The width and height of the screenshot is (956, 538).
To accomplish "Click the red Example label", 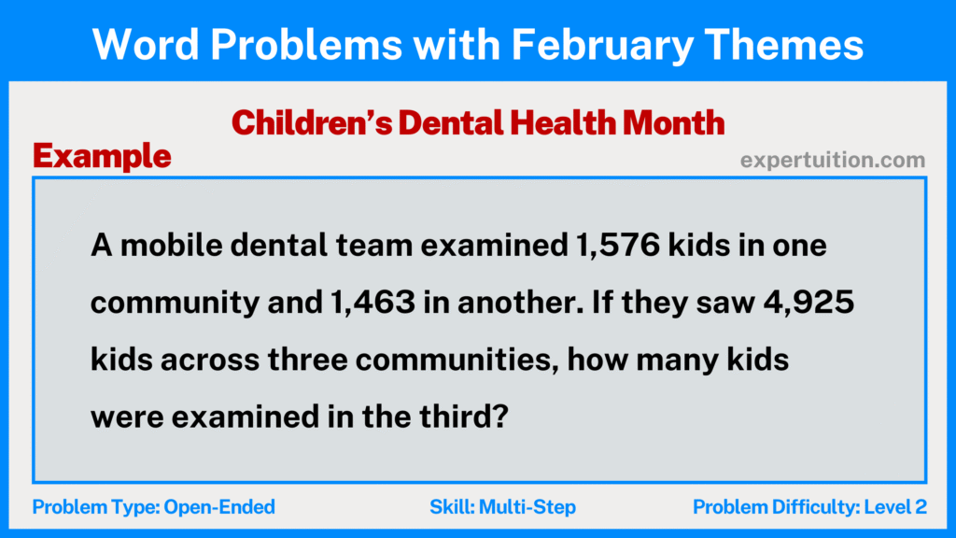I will click(102, 156).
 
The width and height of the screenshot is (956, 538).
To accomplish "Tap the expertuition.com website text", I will click(833, 160).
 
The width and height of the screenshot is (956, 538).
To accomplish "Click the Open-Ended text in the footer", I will click(219, 507).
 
